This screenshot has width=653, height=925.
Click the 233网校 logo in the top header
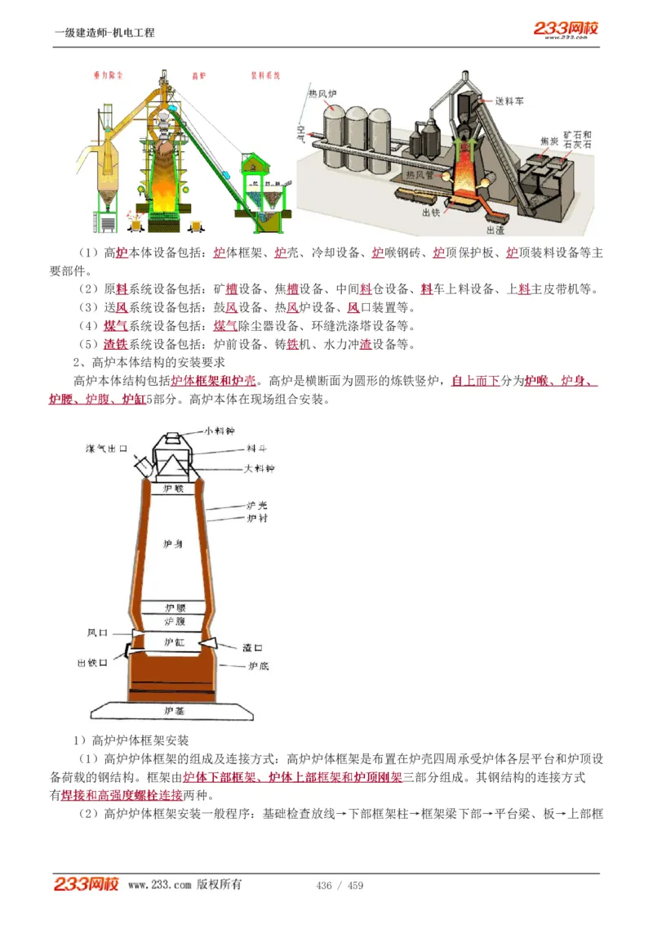[566, 29]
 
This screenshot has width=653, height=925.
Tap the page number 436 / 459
[340, 886]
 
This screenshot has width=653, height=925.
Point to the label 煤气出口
[108, 449]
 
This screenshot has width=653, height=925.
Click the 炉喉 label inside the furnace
[174, 489]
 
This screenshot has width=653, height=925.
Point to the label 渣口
[251, 646]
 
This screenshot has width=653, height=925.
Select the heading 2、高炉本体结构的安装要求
[144, 362]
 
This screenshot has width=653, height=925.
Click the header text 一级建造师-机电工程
[104, 33]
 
